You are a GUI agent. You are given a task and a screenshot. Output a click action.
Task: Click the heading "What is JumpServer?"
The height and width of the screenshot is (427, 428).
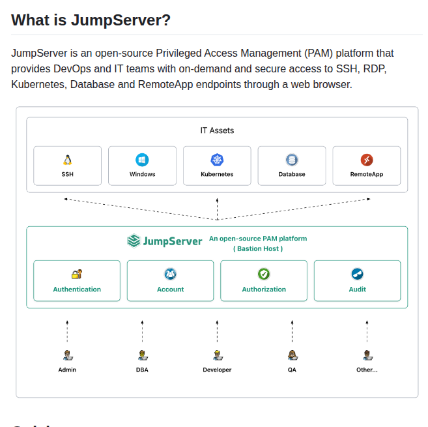(91, 20)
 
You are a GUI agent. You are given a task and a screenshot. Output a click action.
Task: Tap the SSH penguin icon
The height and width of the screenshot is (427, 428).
(67, 160)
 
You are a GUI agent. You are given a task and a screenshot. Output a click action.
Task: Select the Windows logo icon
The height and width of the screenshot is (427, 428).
(142, 160)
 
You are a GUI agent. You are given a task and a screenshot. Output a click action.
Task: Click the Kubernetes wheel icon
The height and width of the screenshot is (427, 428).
(217, 160)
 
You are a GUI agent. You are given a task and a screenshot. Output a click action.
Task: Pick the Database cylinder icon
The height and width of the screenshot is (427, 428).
(292, 160)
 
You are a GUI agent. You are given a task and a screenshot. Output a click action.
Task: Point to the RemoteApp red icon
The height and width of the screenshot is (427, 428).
(367, 160)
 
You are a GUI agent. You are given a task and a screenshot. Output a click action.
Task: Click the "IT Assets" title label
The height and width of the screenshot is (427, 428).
(217, 130)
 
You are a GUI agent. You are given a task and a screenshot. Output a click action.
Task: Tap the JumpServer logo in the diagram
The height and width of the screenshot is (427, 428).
(165, 241)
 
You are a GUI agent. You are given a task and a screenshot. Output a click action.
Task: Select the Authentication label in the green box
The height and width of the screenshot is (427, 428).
(77, 289)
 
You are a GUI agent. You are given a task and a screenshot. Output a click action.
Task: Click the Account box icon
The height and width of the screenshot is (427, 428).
(170, 274)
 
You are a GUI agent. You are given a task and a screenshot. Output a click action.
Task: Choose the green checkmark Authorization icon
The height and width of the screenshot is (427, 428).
(264, 274)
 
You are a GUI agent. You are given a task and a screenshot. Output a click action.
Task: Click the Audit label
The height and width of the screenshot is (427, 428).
(357, 289)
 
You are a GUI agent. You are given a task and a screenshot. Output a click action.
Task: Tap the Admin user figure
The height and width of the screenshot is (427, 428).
(67, 355)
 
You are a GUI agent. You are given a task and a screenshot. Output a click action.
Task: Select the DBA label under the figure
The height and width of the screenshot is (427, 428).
(142, 370)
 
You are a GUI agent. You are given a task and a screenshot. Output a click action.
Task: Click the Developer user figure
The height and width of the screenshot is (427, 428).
(217, 355)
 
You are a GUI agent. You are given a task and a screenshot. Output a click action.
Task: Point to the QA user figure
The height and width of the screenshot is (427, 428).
(292, 355)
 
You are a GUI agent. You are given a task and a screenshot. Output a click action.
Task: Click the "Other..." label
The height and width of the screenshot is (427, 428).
(367, 370)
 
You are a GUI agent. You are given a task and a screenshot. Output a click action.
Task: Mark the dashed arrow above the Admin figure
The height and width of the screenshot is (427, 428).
(67, 331)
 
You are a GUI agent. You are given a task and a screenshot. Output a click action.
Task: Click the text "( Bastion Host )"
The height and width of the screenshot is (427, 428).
(258, 248)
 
